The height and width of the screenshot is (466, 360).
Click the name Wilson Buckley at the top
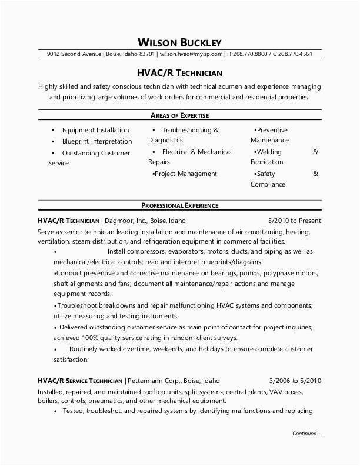[x=179, y=42]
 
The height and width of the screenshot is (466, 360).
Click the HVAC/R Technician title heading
[x=179, y=73]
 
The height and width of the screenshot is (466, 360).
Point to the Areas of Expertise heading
[x=179, y=115]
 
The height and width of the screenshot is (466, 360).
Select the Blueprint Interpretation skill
[x=97, y=141]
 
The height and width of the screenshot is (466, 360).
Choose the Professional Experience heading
[x=179, y=205]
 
